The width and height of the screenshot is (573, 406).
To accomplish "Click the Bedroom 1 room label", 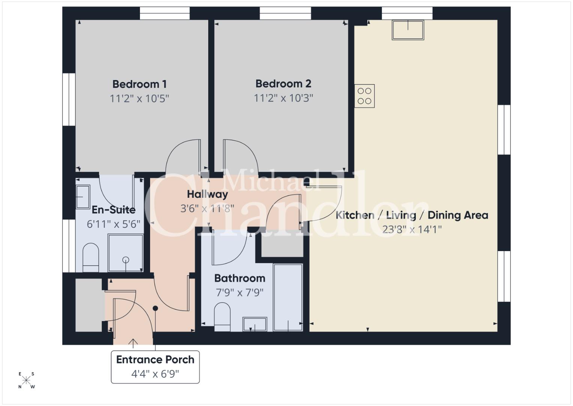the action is pyautogui.click(x=140, y=84).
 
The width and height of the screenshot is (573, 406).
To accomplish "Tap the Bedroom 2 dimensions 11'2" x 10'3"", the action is pyautogui.click(x=283, y=98).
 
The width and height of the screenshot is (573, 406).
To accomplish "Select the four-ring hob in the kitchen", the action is pyautogui.click(x=364, y=96).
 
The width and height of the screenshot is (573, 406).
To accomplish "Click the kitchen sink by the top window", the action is pyautogui.click(x=408, y=30).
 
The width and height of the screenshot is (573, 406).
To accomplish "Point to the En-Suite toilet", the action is pyautogui.click(x=91, y=258).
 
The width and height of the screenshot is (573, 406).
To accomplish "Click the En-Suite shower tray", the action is pyautogui.click(x=126, y=253).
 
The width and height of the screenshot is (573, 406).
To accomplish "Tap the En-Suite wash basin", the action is pyautogui.click(x=83, y=197).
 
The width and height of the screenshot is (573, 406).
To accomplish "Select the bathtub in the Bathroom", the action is pyautogui.click(x=288, y=297).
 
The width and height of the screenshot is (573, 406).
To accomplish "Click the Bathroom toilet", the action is pyautogui.click(x=222, y=317).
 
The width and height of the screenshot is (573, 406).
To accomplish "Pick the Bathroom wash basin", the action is pyautogui.click(x=255, y=324).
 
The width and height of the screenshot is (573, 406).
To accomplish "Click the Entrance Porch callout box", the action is pyautogui.click(x=155, y=367).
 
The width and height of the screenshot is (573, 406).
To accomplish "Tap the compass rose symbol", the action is pyautogui.click(x=26, y=380).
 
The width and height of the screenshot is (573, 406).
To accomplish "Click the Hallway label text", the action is pyautogui.click(x=208, y=194).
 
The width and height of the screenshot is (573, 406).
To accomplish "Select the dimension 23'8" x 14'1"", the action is pyautogui.click(x=412, y=229).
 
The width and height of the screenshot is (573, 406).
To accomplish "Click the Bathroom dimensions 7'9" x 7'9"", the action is pyautogui.click(x=240, y=292).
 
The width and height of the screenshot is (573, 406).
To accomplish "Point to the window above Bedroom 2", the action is pyautogui.click(x=285, y=13).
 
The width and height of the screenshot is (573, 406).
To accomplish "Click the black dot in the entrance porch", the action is pyautogui.click(x=155, y=308).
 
